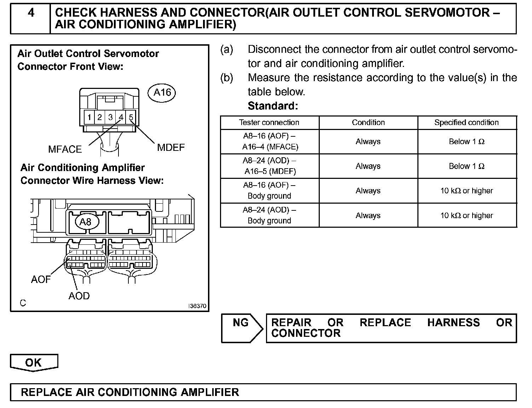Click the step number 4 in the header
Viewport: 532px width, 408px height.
tap(31, 13)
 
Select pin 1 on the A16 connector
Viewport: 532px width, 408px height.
tap(90, 117)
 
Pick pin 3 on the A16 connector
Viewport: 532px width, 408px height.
tap(110, 117)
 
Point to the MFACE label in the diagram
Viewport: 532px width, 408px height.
tap(65, 149)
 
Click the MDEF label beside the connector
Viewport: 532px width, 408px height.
tap(171, 147)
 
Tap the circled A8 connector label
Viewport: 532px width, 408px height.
tap(86, 222)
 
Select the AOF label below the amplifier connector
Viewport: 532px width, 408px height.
tap(41, 279)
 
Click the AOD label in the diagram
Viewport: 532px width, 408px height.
tap(79, 296)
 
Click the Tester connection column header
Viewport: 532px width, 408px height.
tap(269, 123)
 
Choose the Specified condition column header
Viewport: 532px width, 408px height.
tap(467, 123)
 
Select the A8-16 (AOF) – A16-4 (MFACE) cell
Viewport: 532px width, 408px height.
tap(270, 141)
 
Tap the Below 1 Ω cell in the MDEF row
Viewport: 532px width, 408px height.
tap(467, 166)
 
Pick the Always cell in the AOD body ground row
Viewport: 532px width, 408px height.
tap(368, 215)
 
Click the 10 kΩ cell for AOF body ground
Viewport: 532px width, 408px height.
tap(467, 191)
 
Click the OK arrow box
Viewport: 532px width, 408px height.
tap(34, 363)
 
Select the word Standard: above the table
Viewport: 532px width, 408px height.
tap(273, 106)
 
